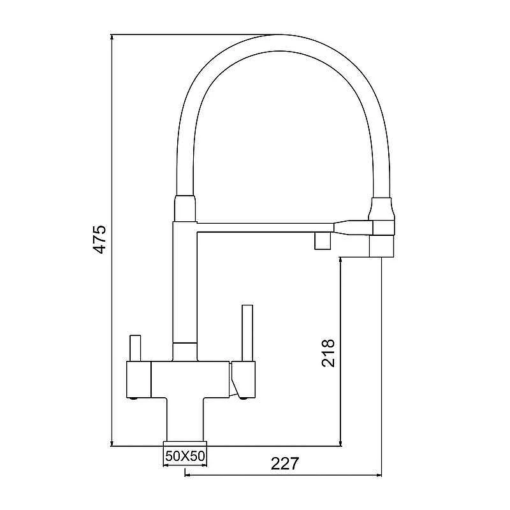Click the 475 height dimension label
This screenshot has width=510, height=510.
pos(99,239)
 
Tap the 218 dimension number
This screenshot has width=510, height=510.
pos(328,353)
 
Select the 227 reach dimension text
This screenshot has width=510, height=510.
pos(284,463)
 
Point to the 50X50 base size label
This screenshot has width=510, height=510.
pos(185,456)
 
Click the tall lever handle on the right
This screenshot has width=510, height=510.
pos(247,333)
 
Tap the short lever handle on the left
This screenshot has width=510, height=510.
pos(135,348)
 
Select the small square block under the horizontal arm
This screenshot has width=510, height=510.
pos(323,241)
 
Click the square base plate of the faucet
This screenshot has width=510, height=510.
pos(185,444)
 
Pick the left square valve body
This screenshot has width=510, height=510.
pos(138,379)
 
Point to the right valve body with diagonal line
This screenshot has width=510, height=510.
pos(243,379)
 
